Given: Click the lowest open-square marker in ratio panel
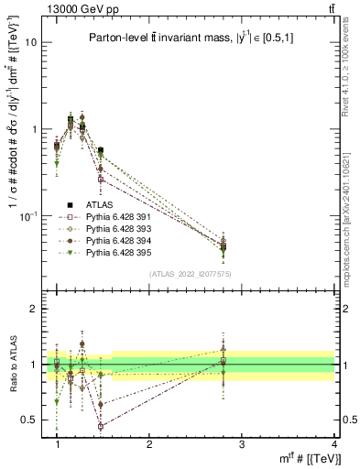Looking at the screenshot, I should coord(100,427).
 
